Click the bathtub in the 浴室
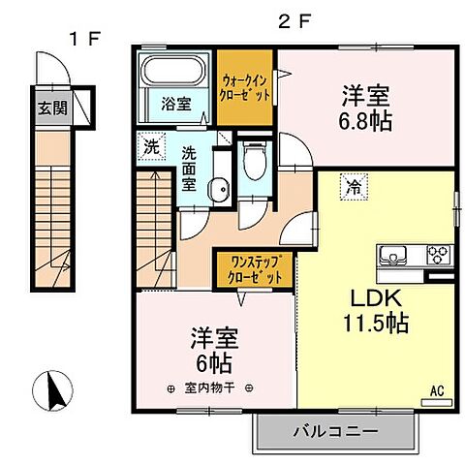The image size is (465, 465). (x=173, y=73)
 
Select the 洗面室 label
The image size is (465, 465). (x=190, y=168)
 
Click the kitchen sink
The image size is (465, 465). (x=393, y=256)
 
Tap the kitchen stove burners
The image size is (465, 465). (x=439, y=256)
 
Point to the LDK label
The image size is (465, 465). (x=370, y=296)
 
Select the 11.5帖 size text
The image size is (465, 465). (x=373, y=323)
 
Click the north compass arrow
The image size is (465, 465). (x=55, y=391)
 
